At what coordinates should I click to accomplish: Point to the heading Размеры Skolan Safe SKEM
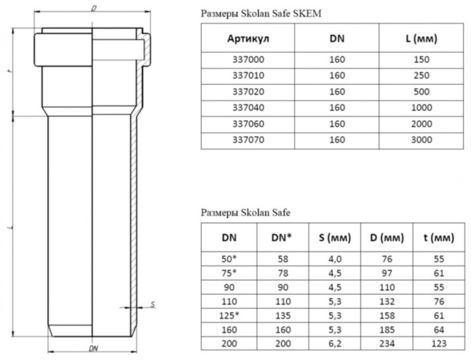(x=252, y=12)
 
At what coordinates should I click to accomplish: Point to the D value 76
(x=382, y=258)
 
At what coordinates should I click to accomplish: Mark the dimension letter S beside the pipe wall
(x=153, y=304)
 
